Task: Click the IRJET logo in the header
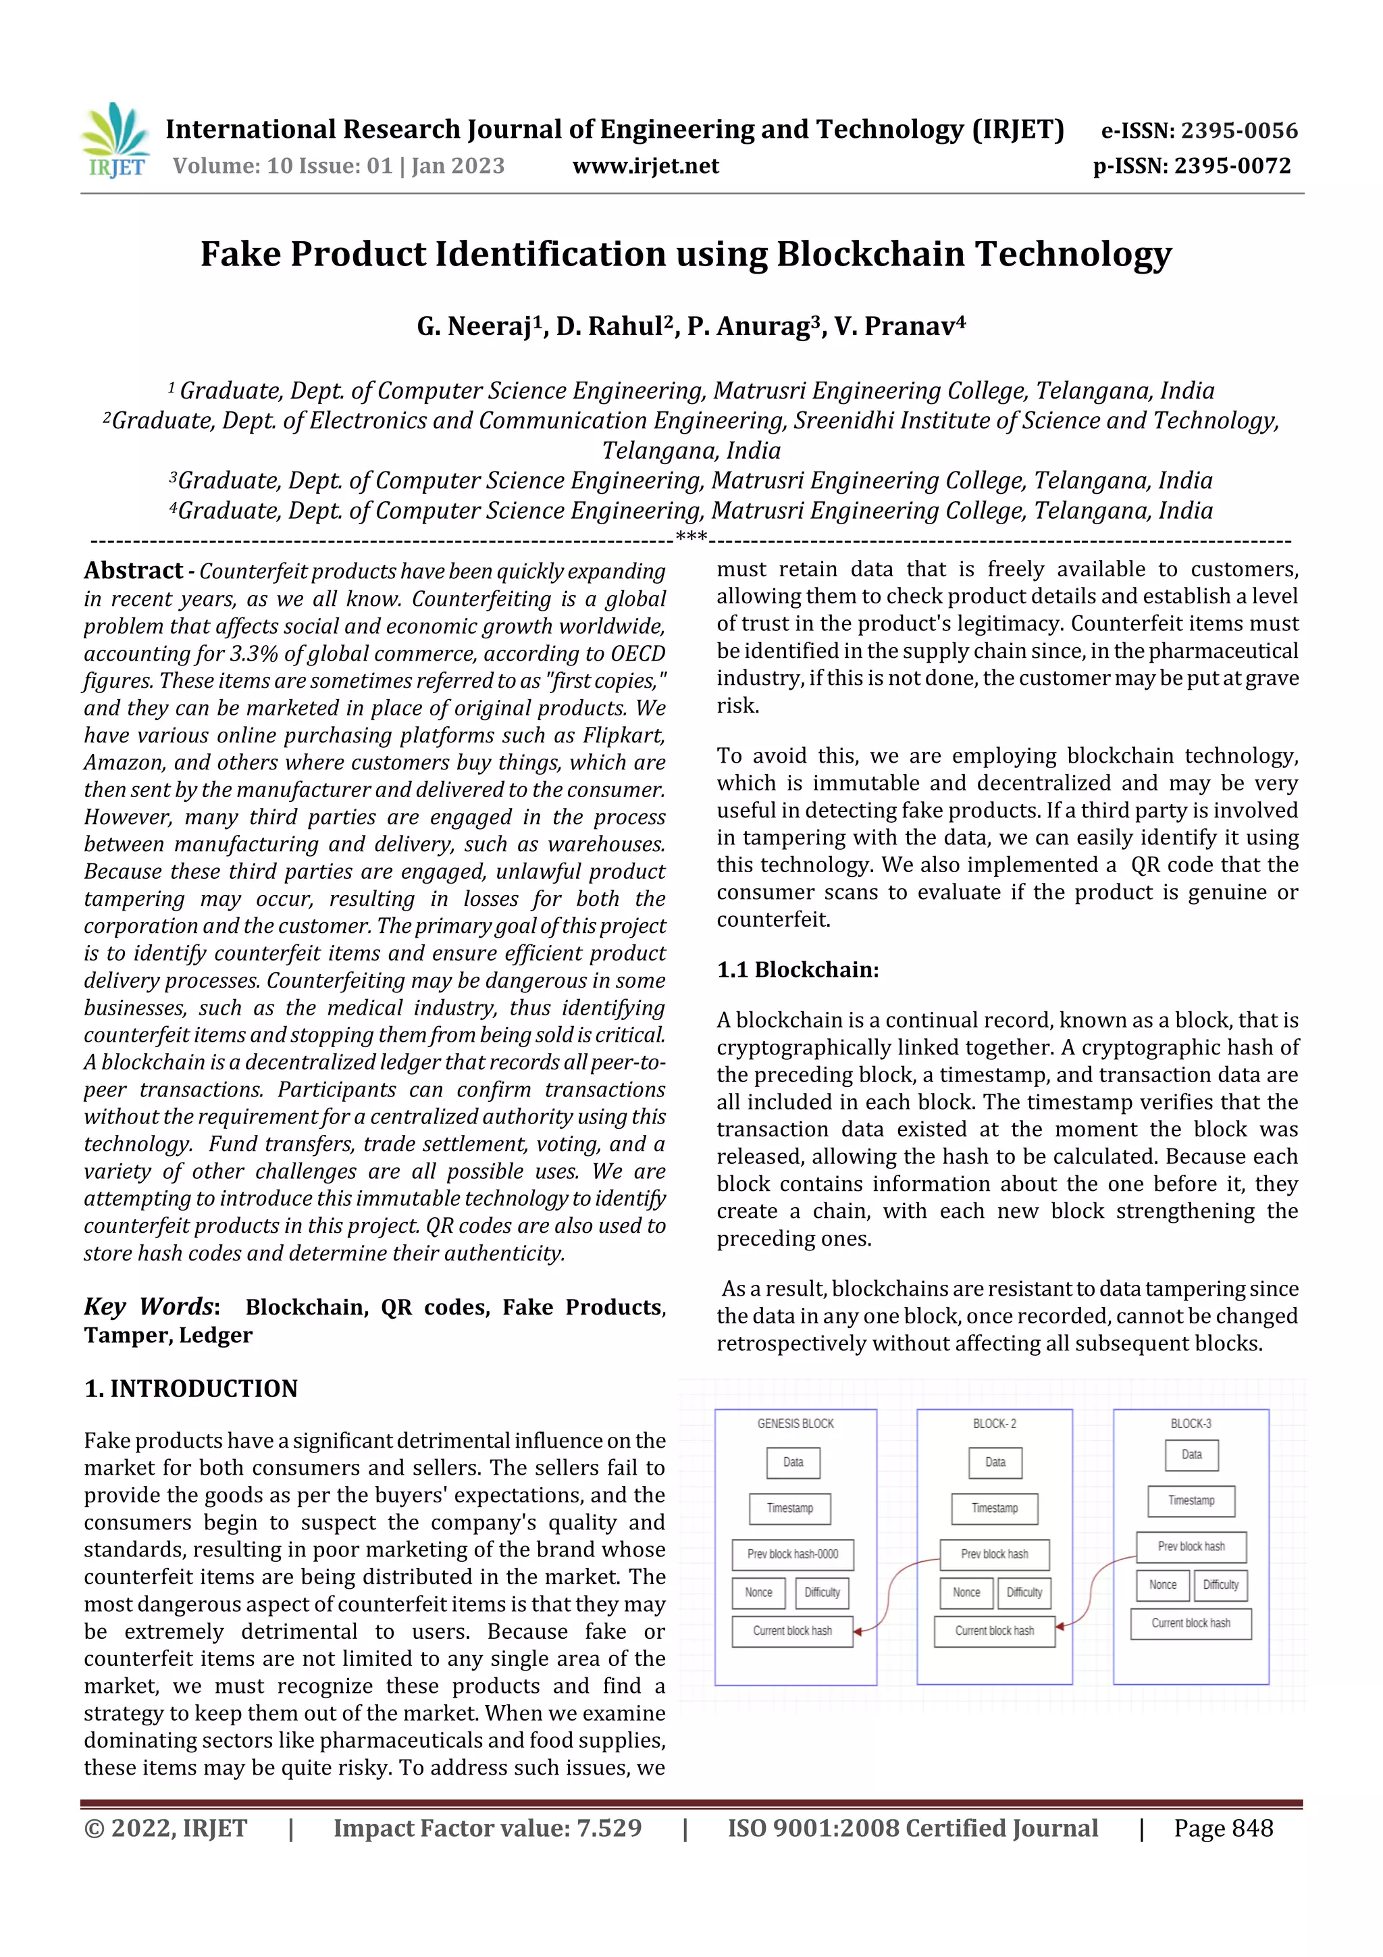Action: click(x=117, y=140)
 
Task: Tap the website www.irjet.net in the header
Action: click(x=645, y=166)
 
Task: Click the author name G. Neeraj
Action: click(x=478, y=326)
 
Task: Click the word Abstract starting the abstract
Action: click(x=133, y=570)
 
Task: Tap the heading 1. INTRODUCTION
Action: click(x=191, y=1388)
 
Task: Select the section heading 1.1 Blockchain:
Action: click(x=798, y=970)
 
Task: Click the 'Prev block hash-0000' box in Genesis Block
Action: click(x=793, y=1554)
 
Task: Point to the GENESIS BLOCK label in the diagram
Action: click(x=795, y=1423)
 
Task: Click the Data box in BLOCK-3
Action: click(x=1191, y=1455)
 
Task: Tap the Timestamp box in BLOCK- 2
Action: click(x=995, y=1508)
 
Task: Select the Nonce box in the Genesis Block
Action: click(x=758, y=1592)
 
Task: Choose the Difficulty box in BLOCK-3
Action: click(x=1220, y=1585)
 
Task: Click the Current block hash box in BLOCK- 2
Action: click(x=995, y=1631)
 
